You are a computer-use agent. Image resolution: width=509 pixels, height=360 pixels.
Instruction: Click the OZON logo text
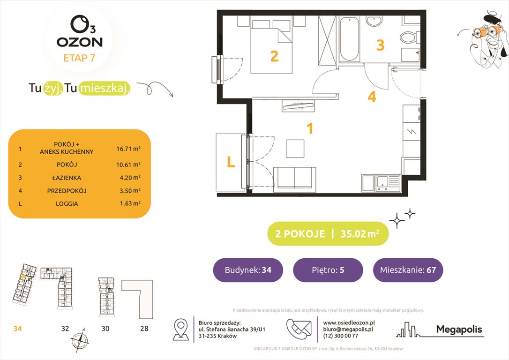click(80, 42)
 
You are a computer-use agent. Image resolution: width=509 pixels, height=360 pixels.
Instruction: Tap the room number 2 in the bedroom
click(274, 57)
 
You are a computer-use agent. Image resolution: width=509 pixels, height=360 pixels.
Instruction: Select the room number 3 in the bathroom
click(381, 45)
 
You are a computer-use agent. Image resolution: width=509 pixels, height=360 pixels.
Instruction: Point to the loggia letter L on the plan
click(231, 162)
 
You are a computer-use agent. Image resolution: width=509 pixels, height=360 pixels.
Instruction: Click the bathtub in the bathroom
click(349, 39)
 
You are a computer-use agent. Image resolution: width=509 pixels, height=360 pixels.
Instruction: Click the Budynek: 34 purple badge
click(247, 270)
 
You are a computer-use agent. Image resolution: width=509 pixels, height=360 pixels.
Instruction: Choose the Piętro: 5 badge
click(328, 270)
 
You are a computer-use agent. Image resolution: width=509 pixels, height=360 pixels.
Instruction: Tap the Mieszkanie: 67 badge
click(408, 270)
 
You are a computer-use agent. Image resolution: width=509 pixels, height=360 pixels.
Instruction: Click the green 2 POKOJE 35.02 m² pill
click(328, 234)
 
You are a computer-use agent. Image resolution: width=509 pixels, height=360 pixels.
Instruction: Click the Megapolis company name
click(459, 330)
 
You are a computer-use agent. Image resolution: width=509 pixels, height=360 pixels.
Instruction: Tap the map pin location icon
click(181, 329)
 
